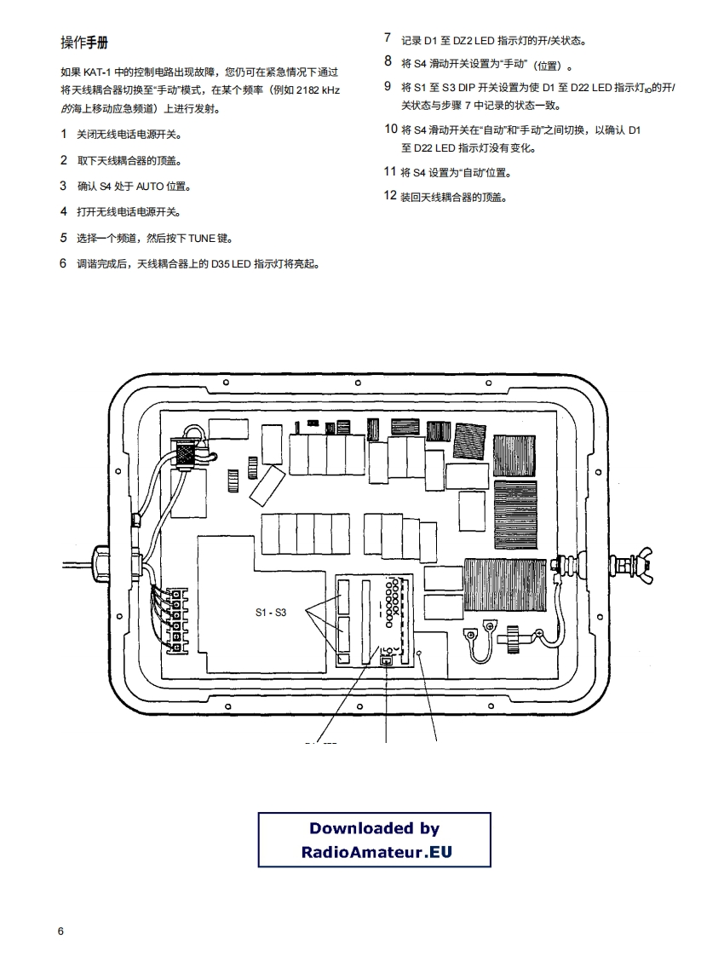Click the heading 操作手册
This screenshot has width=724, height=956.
(x=83, y=43)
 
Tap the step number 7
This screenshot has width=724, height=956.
(x=388, y=38)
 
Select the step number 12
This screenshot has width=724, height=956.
(x=390, y=196)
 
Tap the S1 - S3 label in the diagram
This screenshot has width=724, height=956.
(x=271, y=613)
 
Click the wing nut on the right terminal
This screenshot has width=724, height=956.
(x=635, y=563)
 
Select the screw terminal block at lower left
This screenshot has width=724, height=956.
(x=175, y=620)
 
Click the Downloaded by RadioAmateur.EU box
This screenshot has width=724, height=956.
(x=374, y=839)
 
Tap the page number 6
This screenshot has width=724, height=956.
(x=60, y=930)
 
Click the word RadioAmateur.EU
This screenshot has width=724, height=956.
(x=375, y=851)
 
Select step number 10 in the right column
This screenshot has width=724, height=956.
(x=390, y=130)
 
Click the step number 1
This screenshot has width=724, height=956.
(x=63, y=135)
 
